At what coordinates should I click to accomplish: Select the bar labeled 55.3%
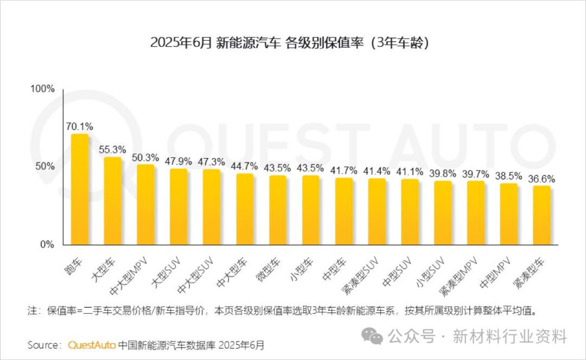pos(113,201)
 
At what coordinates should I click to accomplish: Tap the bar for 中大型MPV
pos(145,205)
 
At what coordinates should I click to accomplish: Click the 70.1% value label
pos(80,127)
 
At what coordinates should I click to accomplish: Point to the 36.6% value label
pos(542,179)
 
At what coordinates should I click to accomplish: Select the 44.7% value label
pos(245,166)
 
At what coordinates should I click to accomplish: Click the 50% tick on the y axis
pos(45,166)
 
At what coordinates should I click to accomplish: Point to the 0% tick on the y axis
pos(48,244)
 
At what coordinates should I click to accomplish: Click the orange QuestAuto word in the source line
pos(92,345)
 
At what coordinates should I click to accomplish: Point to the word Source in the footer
pos(43,345)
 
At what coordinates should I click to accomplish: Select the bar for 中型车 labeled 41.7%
pos(344,211)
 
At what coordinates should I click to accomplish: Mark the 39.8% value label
pos(443,173)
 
